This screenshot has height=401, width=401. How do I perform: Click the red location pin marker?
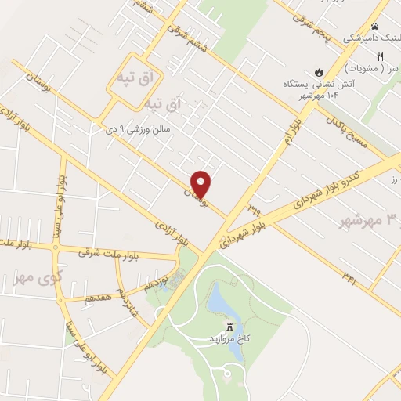tap(201, 184)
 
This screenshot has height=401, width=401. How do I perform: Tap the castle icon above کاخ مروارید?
tap(230, 326)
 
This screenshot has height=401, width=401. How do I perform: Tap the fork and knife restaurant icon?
tap(380, 56)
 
